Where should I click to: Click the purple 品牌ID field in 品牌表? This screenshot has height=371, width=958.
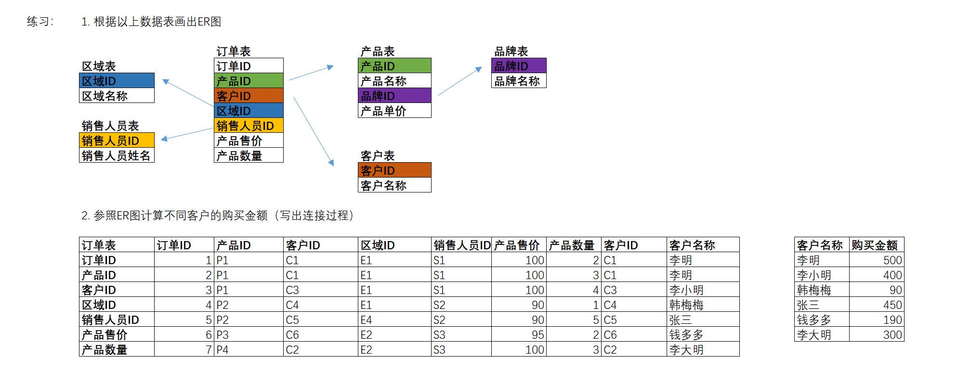519,66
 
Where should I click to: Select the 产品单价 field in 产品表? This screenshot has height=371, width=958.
394,111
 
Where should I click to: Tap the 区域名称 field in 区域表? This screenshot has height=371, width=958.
117,96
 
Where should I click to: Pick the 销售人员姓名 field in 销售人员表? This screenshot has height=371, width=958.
117,155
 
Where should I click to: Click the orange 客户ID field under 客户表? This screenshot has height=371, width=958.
394,170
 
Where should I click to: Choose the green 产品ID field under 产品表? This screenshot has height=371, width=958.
394,66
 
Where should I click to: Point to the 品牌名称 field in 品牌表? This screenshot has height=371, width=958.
519,81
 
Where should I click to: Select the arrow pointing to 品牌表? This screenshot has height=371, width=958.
460,81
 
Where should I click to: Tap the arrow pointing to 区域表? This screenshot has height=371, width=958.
188,92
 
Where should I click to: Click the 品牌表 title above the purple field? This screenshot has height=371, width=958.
511,51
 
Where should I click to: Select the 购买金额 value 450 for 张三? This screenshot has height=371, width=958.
877,305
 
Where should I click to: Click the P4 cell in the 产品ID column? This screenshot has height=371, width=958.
248,350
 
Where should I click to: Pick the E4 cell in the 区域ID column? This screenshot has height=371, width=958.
394,320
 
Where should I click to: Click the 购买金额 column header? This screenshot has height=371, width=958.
877,245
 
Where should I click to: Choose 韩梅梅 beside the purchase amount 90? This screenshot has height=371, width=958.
821,290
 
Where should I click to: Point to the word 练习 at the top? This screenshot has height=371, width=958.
38,22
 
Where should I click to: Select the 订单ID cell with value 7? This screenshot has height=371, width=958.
184,350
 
